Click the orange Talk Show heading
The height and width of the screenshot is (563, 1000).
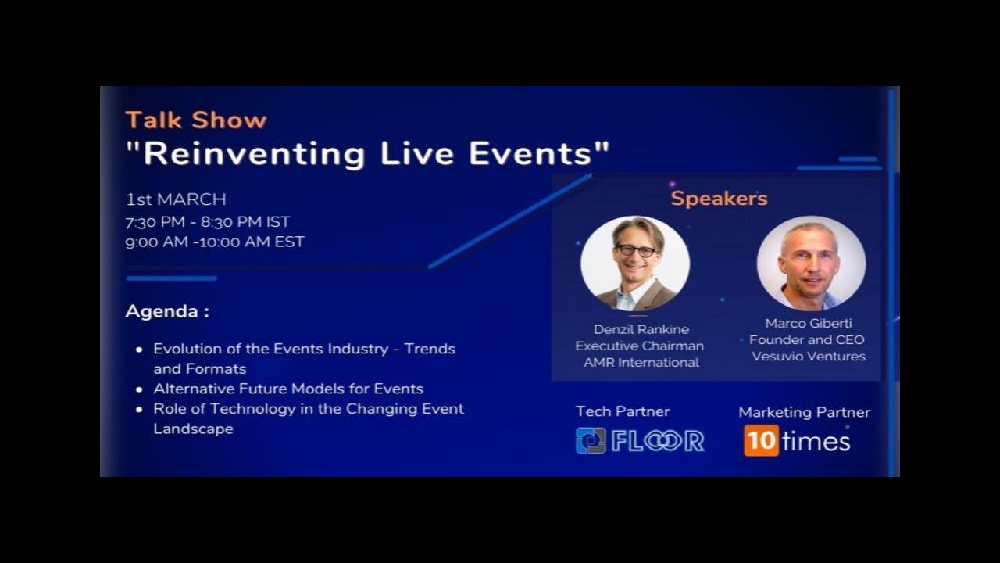click(196, 120)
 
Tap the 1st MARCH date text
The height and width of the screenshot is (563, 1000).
click(176, 199)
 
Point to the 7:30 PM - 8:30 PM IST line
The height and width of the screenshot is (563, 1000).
click(208, 221)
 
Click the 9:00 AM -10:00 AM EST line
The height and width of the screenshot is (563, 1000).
click(215, 242)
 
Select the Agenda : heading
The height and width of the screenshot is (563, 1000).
click(167, 311)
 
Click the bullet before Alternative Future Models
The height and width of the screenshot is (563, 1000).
click(139, 389)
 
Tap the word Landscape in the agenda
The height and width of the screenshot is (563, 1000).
click(193, 429)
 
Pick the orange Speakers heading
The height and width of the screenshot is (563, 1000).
click(719, 199)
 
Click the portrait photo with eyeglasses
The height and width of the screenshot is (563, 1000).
click(635, 264)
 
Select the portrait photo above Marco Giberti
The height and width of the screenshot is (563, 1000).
click(811, 264)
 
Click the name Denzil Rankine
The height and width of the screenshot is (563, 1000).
click(641, 329)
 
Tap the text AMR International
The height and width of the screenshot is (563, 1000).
click(641, 362)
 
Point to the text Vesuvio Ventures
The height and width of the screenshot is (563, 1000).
click(809, 356)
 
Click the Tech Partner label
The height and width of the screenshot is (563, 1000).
click(623, 411)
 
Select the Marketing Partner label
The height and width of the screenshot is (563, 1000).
click(805, 412)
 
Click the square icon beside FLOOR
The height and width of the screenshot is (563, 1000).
click(591, 440)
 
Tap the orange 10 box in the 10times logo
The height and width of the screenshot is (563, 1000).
click(761, 440)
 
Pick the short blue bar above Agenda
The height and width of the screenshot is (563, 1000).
click(171, 278)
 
